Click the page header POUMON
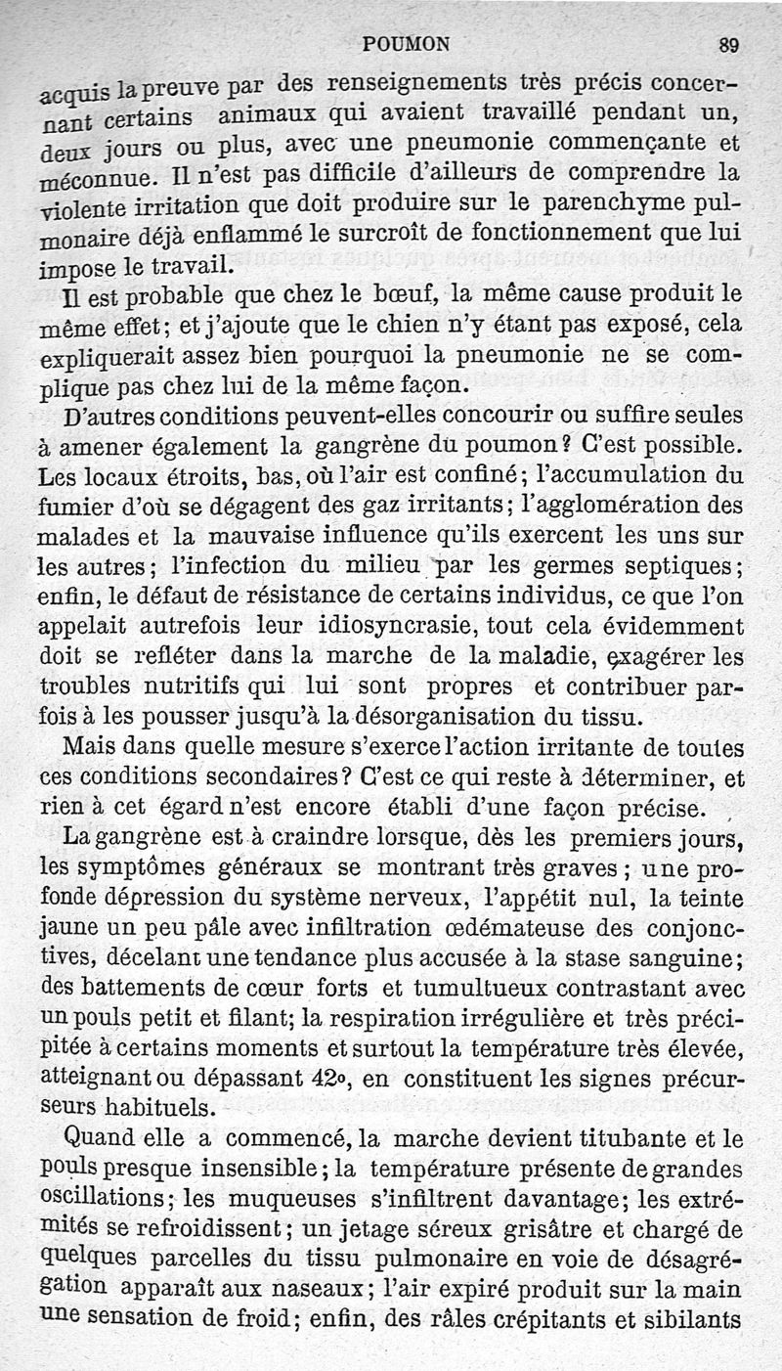pyautogui.click(x=406, y=43)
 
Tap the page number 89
pyautogui.click(x=728, y=44)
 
